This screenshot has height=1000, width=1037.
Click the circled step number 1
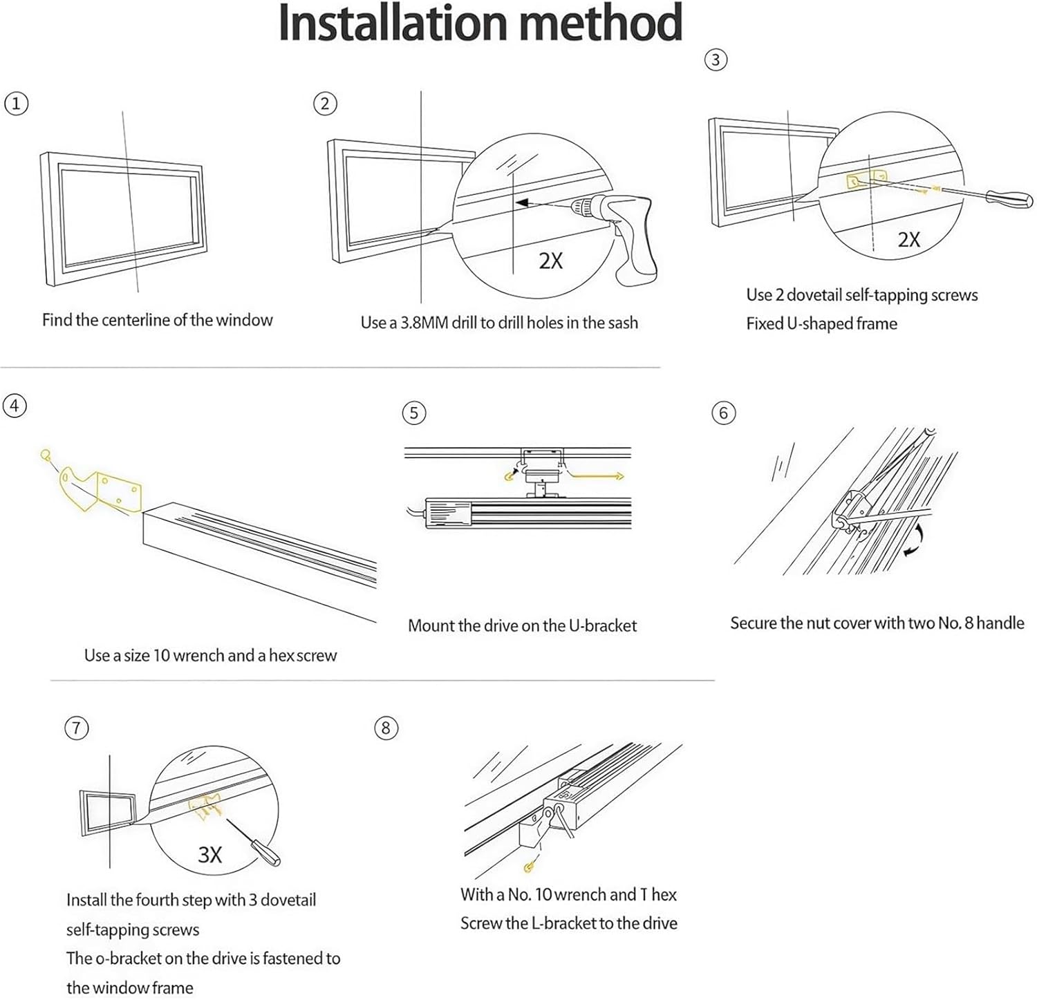[16, 104]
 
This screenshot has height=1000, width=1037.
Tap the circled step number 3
[716, 60]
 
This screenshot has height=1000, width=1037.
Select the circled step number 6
[723, 413]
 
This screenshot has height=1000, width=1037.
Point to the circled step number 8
[386, 728]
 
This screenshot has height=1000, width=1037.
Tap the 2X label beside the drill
[550, 261]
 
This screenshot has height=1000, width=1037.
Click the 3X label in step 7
[209, 855]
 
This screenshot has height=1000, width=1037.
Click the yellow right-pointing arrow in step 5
[598, 475]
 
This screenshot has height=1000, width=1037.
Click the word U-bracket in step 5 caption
[602, 626]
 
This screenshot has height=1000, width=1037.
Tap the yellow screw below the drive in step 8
[530, 866]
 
